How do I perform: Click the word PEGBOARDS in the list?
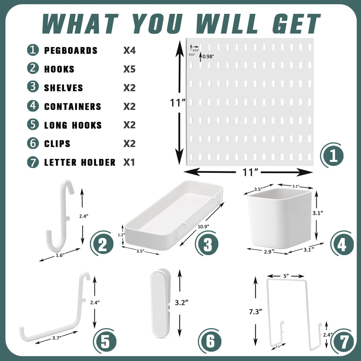point(71,51)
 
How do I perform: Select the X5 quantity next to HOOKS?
point(129,69)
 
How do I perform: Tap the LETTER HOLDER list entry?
point(80,162)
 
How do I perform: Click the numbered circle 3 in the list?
point(33,87)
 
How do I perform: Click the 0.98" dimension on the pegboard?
point(208,56)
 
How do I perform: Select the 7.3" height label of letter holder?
point(255,311)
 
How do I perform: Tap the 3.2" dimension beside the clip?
point(181,303)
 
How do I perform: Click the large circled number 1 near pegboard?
point(333,156)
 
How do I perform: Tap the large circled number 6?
point(210,341)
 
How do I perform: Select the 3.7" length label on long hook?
point(57,338)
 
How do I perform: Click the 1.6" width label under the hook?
point(60,255)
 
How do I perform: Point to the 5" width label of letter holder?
point(286,276)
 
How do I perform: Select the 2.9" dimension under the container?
point(269,252)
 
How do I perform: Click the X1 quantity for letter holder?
point(129,162)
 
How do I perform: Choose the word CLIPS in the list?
point(57,144)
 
